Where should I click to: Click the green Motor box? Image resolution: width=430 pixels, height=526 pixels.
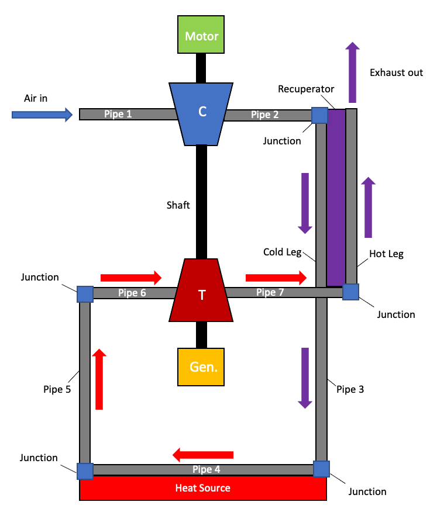click(202, 36)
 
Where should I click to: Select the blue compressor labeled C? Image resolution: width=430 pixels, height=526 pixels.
click(202, 113)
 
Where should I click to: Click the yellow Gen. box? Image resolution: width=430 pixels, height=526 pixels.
click(201, 367)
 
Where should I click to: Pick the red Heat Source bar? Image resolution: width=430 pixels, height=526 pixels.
click(202, 488)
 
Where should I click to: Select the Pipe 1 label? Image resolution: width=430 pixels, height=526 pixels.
click(118, 114)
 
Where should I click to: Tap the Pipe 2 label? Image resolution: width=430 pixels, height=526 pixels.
click(264, 115)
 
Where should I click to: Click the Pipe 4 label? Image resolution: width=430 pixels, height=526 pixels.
click(207, 469)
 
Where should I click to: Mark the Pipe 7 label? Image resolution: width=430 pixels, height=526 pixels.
click(270, 292)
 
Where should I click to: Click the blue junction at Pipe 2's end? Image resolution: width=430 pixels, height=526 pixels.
click(319, 115)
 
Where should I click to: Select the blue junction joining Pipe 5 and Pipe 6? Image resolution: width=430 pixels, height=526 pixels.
click(85, 293)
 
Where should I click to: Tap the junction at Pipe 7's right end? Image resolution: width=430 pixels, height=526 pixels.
click(350, 292)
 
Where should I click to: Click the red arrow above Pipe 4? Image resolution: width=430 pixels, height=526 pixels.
click(203, 454)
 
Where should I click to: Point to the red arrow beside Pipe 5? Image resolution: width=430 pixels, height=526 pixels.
click(99, 379)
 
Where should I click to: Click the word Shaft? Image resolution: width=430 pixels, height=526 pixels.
click(178, 205)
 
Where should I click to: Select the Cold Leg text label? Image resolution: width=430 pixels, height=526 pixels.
click(282, 252)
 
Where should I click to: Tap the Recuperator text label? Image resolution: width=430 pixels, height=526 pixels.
click(306, 89)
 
